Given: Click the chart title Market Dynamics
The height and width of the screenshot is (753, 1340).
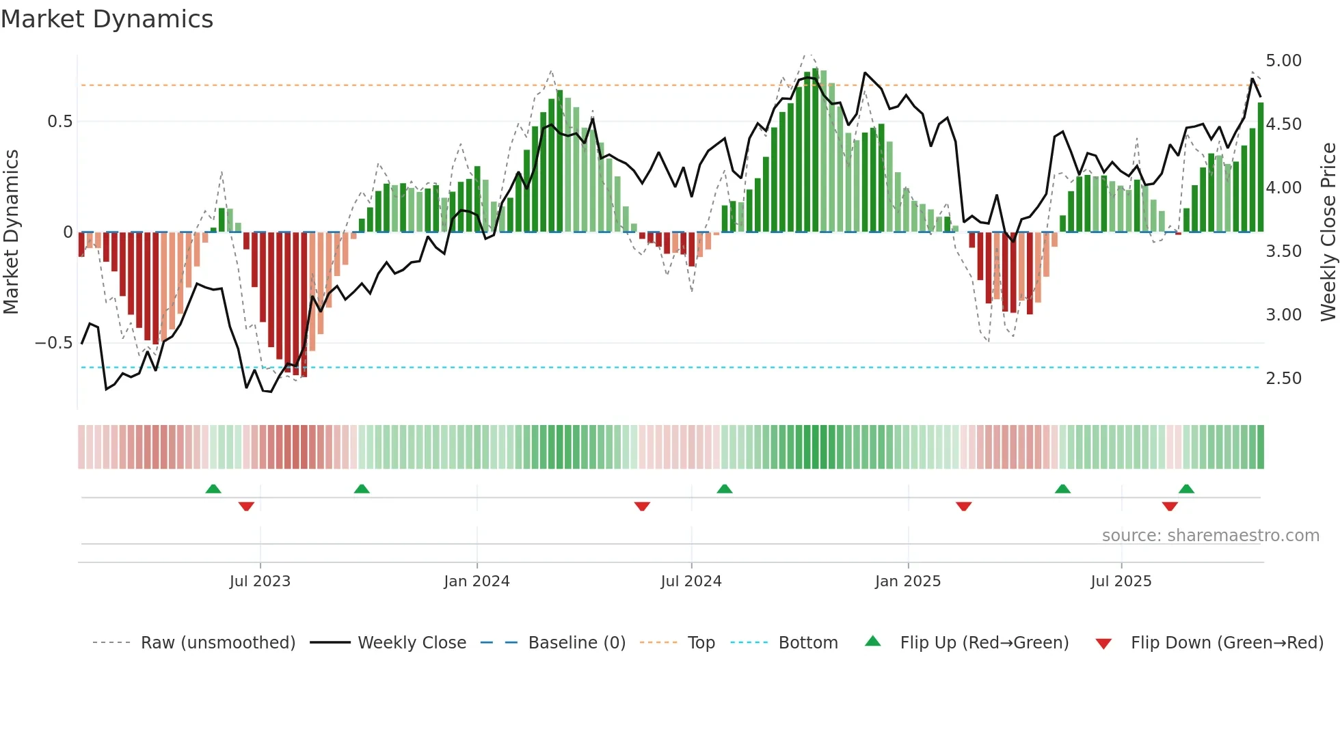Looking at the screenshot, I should [x=107, y=19].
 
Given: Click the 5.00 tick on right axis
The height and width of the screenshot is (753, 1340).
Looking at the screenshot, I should [x=1283, y=61].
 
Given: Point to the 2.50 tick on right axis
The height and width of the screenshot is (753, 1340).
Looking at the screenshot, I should [x=1283, y=379].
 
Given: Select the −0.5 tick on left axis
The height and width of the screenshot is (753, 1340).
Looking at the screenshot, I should [x=54, y=343].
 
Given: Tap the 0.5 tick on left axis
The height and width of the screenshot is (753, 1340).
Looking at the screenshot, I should [x=59, y=122].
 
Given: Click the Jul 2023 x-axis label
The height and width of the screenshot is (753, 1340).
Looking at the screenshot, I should [x=260, y=581].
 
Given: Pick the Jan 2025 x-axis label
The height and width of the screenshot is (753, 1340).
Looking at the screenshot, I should [x=907, y=581].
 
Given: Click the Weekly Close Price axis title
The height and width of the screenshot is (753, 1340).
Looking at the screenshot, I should [x=1328, y=232].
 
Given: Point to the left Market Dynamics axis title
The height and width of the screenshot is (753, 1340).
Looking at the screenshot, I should [x=11, y=232].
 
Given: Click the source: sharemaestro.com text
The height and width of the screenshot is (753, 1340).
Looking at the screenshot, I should [x=1210, y=536].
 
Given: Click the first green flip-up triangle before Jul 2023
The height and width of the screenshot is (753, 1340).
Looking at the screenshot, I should [x=213, y=489].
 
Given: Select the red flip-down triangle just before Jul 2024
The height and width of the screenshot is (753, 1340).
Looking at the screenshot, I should [x=642, y=506].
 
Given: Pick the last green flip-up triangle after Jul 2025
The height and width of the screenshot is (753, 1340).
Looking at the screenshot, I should [x=1186, y=489].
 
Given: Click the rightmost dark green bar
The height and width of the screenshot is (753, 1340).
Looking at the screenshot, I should [x=1261, y=167].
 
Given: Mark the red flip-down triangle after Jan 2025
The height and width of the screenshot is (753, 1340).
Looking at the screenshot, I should [x=963, y=506].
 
